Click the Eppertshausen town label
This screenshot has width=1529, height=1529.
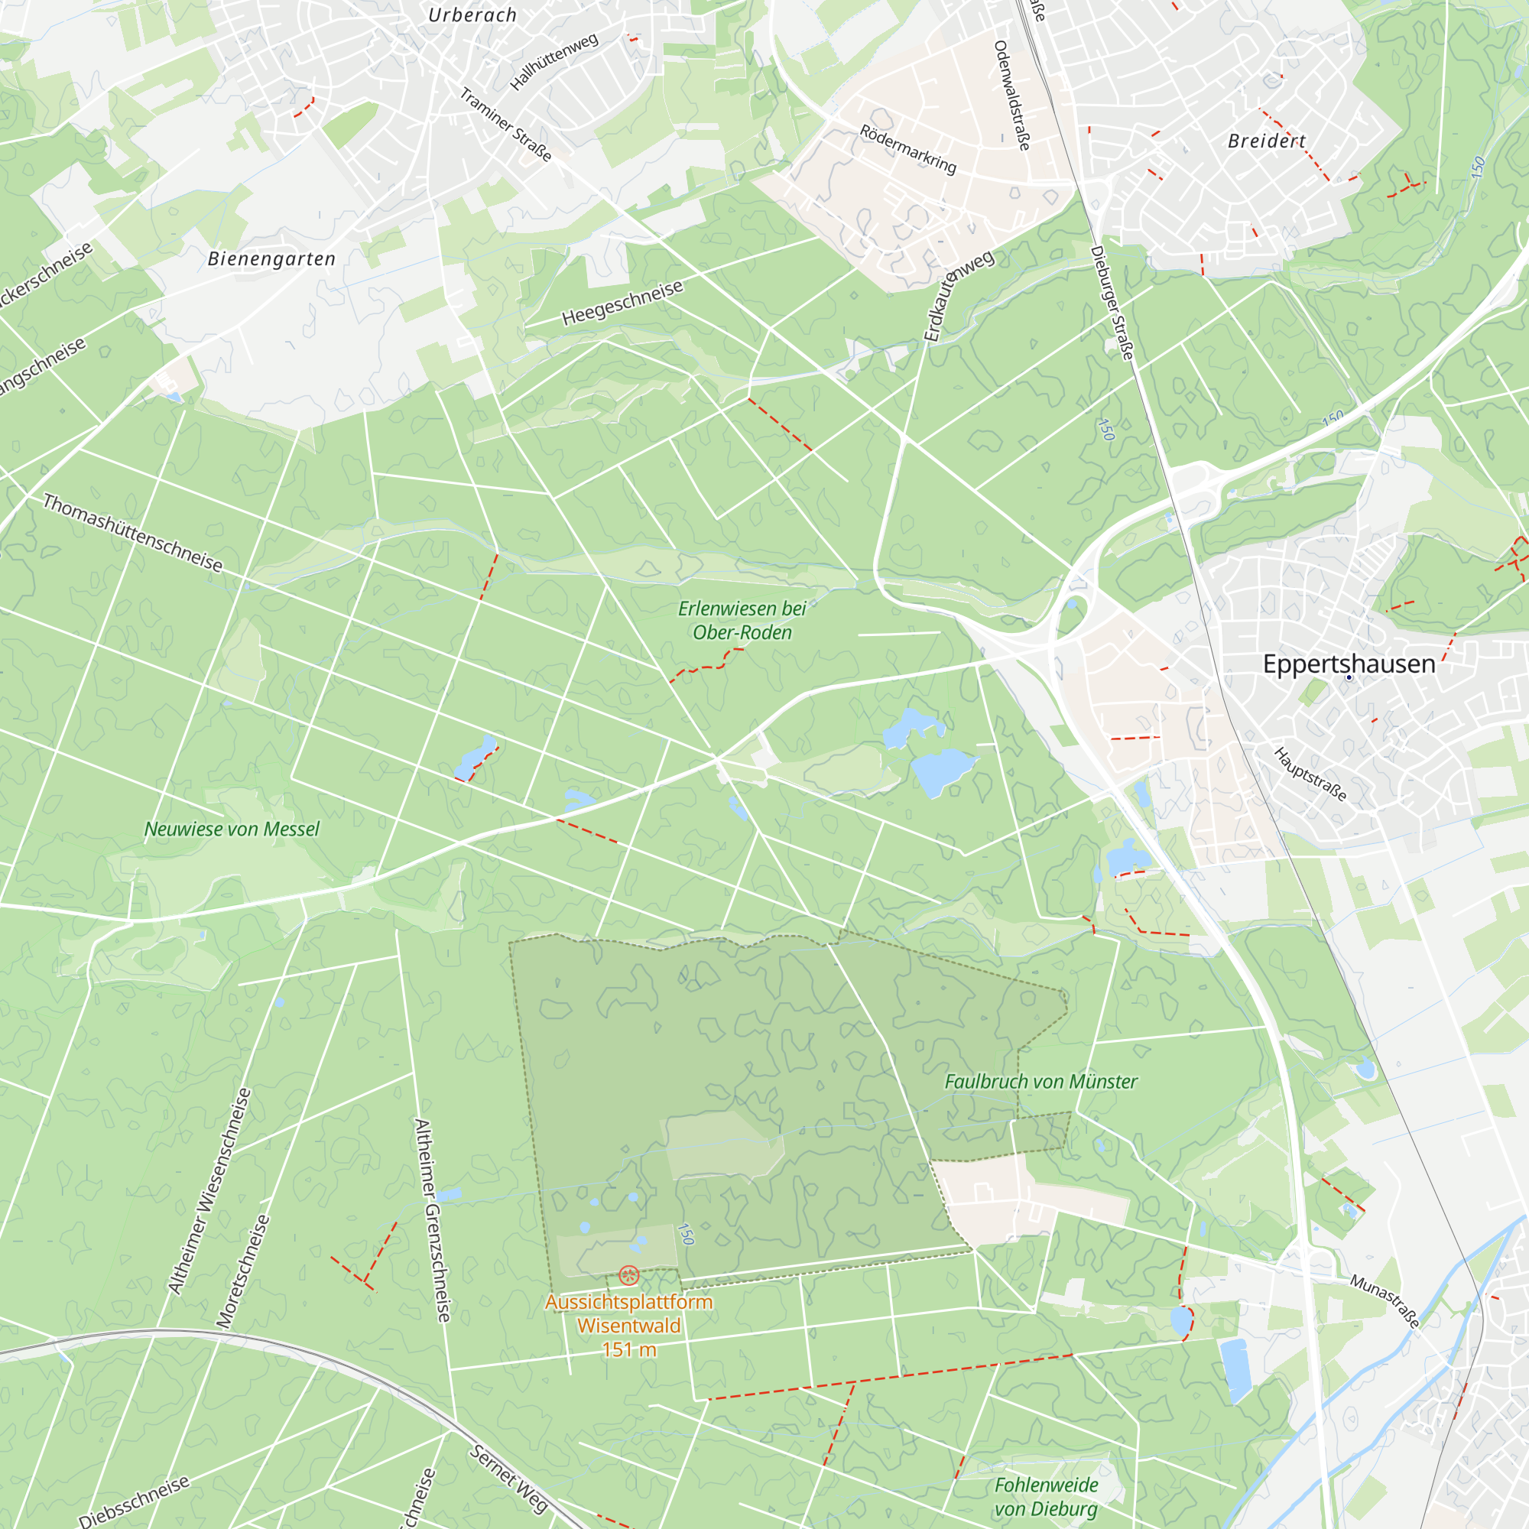click(1349, 664)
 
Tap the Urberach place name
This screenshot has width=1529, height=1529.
click(472, 15)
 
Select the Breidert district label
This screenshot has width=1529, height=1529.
click(1266, 141)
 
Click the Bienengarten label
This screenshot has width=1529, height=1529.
click(271, 259)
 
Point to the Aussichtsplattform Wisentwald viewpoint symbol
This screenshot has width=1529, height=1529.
click(629, 1275)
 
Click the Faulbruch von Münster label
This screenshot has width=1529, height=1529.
click(1041, 1081)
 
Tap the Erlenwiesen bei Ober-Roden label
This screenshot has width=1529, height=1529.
click(742, 621)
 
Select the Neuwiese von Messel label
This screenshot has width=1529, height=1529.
click(232, 829)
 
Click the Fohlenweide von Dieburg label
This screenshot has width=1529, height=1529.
click(1047, 1497)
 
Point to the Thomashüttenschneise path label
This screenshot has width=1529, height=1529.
click(133, 533)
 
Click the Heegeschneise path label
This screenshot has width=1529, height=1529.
click(622, 303)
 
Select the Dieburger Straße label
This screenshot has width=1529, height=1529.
click(1112, 302)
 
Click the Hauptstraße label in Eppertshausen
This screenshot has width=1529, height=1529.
click(1310, 774)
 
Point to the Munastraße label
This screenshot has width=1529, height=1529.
click(1385, 1301)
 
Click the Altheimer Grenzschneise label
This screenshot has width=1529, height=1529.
click(433, 1219)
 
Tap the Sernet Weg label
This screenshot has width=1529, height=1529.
click(508, 1479)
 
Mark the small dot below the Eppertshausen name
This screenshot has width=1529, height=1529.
click(1349, 677)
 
